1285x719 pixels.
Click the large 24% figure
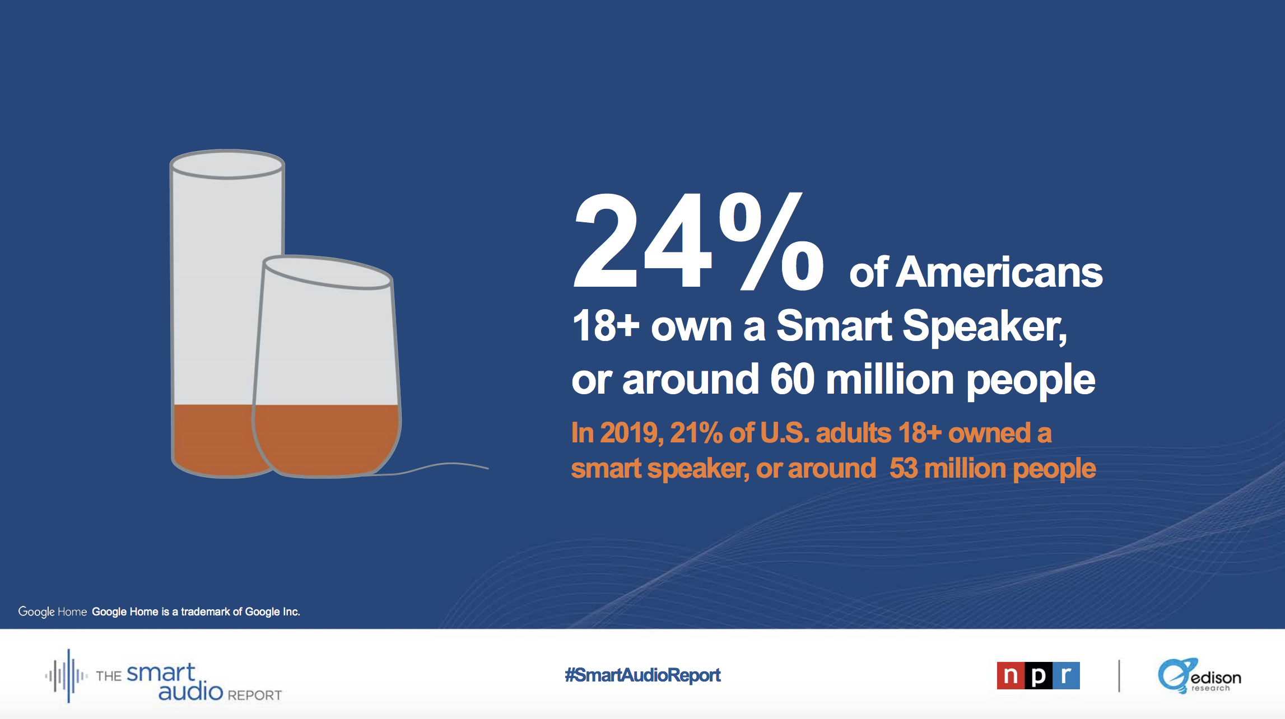[697, 242]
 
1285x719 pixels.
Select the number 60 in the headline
[792, 380]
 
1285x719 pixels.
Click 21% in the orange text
[696, 433]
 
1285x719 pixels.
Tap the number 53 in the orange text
[904, 469]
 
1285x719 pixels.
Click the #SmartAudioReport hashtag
[642, 675]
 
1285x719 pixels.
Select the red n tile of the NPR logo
[1011, 676]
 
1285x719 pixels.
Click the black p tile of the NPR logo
[1038, 676]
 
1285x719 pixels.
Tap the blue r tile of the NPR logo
[1066, 676]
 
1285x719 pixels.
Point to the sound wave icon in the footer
[67, 676]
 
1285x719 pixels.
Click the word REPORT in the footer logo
[254, 695]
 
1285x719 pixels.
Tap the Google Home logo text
[52, 611]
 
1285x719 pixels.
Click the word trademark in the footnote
[205, 611]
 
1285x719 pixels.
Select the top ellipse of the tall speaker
[227, 165]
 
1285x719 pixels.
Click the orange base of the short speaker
[327, 440]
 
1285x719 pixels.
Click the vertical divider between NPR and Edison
[1119, 676]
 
